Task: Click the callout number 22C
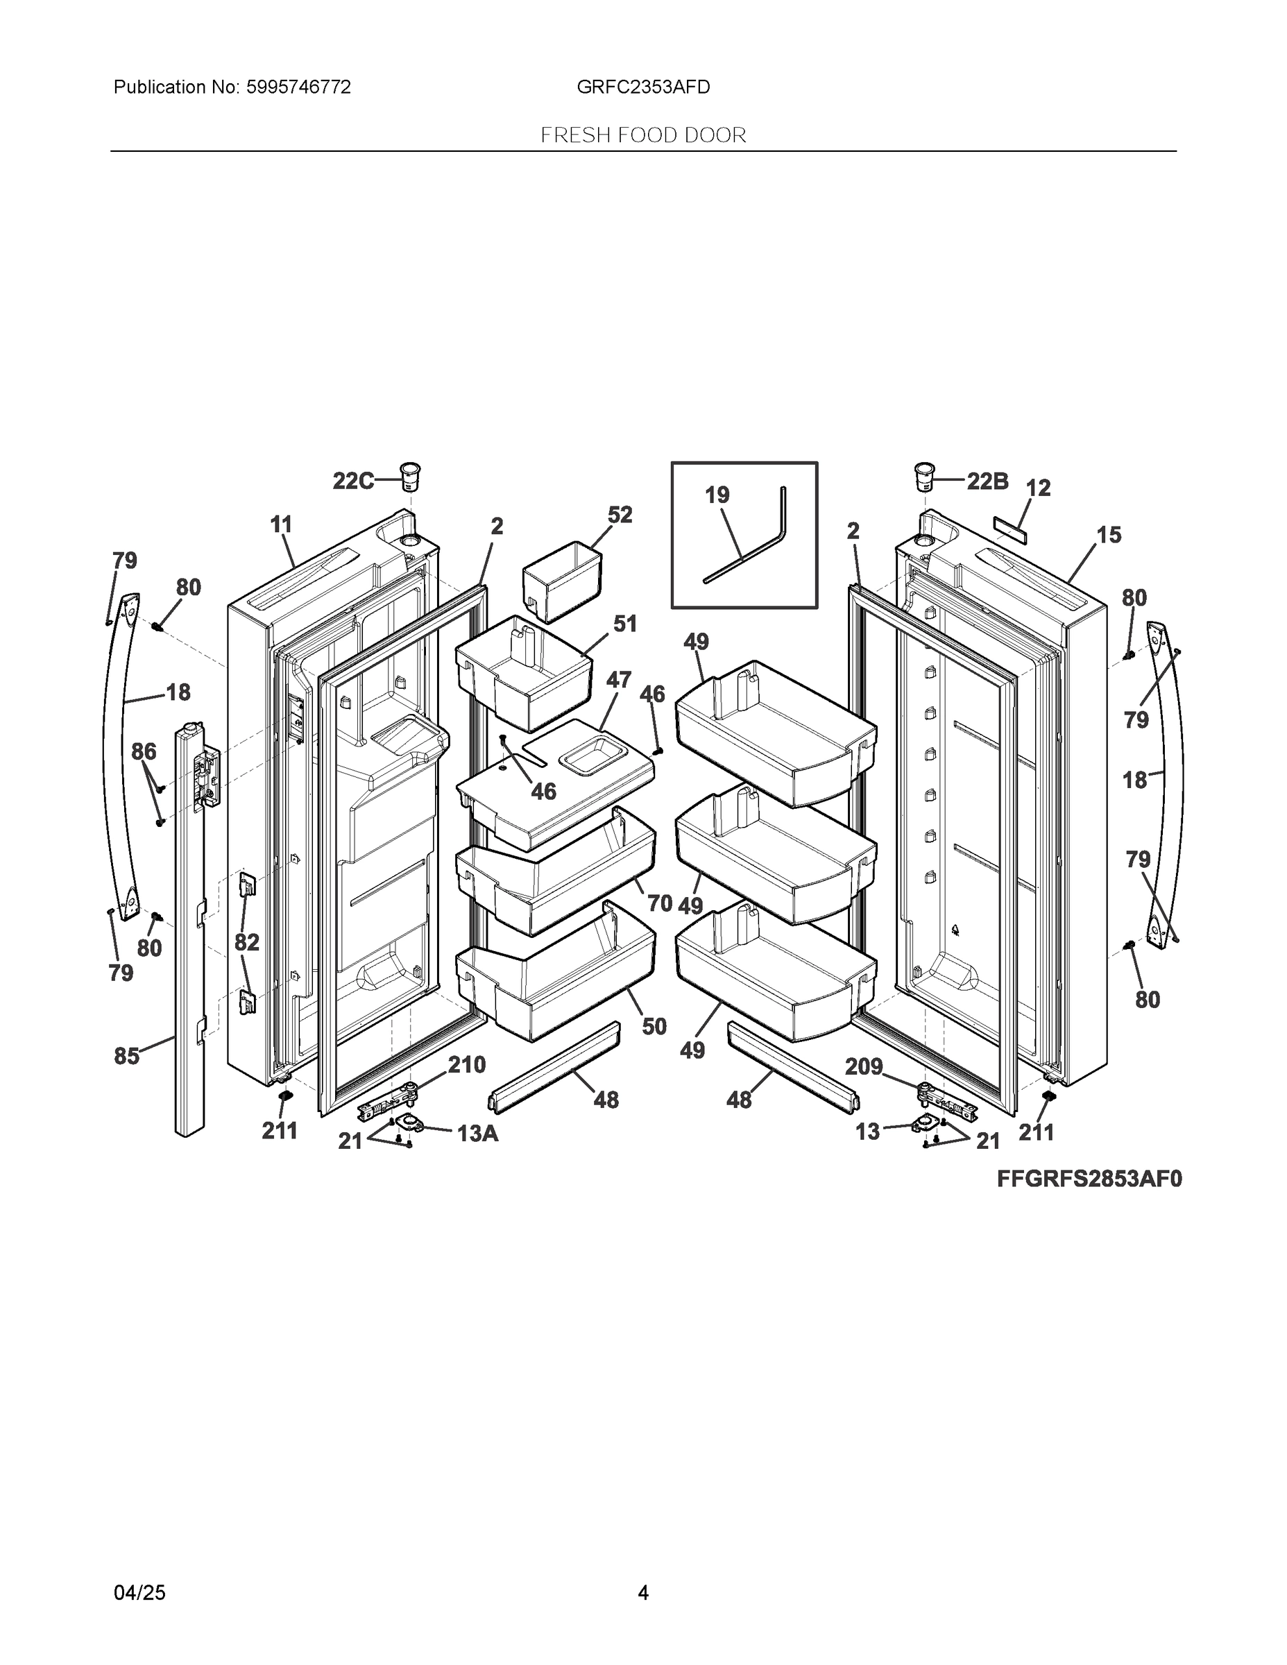(x=353, y=481)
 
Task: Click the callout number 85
(x=126, y=1056)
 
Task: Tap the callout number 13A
(x=477, y=1134)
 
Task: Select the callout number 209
(x=863, y=1066)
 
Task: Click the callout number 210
(x=467, y=1064)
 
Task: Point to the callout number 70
(x=660, y=903)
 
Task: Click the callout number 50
(x=654, y=1026)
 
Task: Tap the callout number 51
(x=625, y=624)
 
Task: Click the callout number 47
(x=618, y=679)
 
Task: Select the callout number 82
(x=247, y=942)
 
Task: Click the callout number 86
(x=144, y=752)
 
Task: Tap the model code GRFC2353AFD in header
(x=642, y=87)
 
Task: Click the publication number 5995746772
(x=298, y=87)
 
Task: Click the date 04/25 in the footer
(x=139, y=1592)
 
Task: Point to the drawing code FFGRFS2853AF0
(x=1089, y=1179)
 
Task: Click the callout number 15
(x=1109, y=534)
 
